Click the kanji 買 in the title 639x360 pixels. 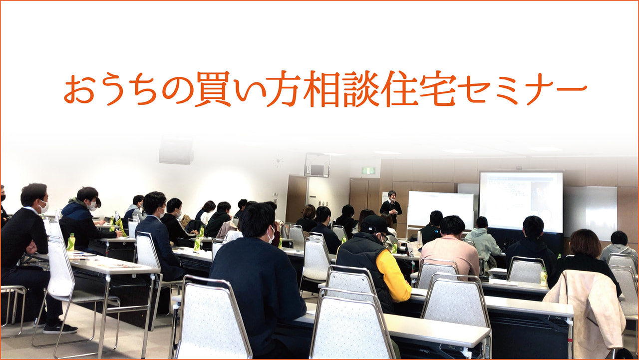click(x=213, y=88)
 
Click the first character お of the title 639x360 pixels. click(x=79, y=89)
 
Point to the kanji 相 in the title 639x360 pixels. click(x=321, y=88)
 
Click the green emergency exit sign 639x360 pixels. click(x=368, y=171)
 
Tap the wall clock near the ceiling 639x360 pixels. click(x=278, y=162)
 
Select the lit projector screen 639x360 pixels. click(x=521, y=201)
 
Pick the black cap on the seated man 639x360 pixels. click(x=374, y=224)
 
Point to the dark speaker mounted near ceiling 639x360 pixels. click(x=176, y=150)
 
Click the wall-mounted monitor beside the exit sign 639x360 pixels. click(x=317, y=165)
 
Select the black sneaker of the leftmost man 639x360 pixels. click(x=60, y=329)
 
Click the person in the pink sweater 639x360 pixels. click(x=451, y=251)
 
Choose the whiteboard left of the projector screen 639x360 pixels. click(x=441, y=211)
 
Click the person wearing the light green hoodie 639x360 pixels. click(x=483, y=239)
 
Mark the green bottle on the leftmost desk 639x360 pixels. click(x=71, y=242)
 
